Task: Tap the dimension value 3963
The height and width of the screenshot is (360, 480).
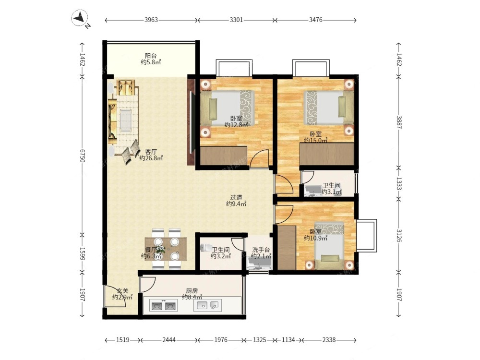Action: point(151,20)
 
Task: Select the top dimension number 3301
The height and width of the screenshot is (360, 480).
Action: point(236,20)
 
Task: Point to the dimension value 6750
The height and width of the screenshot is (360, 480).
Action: point(82,156)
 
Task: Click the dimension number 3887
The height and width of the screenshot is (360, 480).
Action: point(399,122)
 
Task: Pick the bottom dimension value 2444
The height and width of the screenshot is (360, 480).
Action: point(169,340)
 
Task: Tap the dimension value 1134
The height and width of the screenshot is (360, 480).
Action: point(288,340)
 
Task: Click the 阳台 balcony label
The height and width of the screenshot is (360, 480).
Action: point(151,56)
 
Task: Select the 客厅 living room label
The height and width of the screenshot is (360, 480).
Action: point(151,152)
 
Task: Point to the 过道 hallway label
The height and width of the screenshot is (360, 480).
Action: point(236,197)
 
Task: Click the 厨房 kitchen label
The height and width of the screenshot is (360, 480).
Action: point(192,291)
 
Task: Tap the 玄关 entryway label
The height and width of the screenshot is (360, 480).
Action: point(122,291)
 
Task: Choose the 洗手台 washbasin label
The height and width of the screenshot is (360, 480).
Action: point(261,250)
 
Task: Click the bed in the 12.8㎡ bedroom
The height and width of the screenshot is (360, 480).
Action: point(228,109)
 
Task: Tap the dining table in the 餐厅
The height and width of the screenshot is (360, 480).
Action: point(166,249)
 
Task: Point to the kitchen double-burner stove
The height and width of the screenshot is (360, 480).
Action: point(164,305)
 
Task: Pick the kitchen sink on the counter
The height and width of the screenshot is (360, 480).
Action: point(207,305)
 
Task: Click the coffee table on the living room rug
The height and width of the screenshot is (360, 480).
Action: point(125,120)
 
